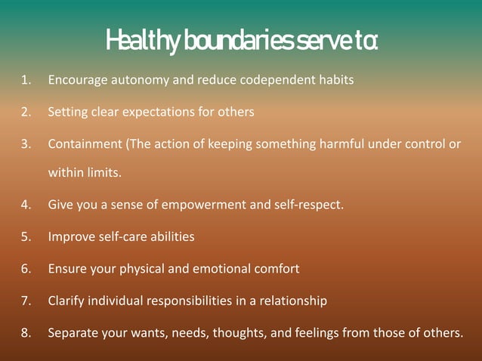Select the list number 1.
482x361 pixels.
coord(25,79)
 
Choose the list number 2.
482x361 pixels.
coord(25,112)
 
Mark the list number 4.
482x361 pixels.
coord(25,205)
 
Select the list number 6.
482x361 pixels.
coord(25,268)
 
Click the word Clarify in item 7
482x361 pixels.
coord(66,301)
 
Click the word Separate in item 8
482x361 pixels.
coord(73,332)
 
